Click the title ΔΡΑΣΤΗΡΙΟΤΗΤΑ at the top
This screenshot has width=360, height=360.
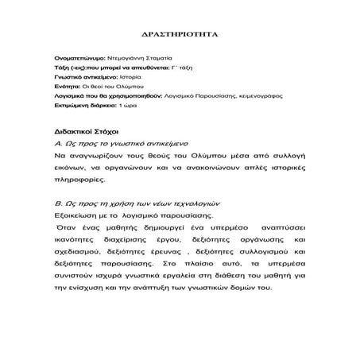[x=180, y=36]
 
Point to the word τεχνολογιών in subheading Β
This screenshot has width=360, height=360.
[x=181, y=203]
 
